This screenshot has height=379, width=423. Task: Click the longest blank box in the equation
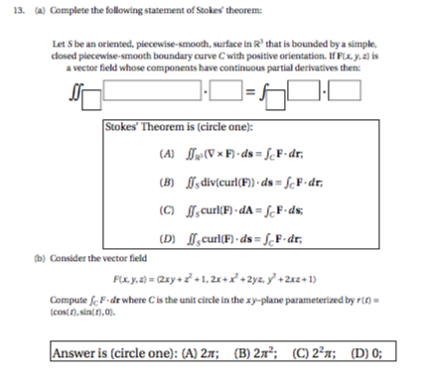[152, 95]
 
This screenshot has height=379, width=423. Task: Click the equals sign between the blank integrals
[249, 96]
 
